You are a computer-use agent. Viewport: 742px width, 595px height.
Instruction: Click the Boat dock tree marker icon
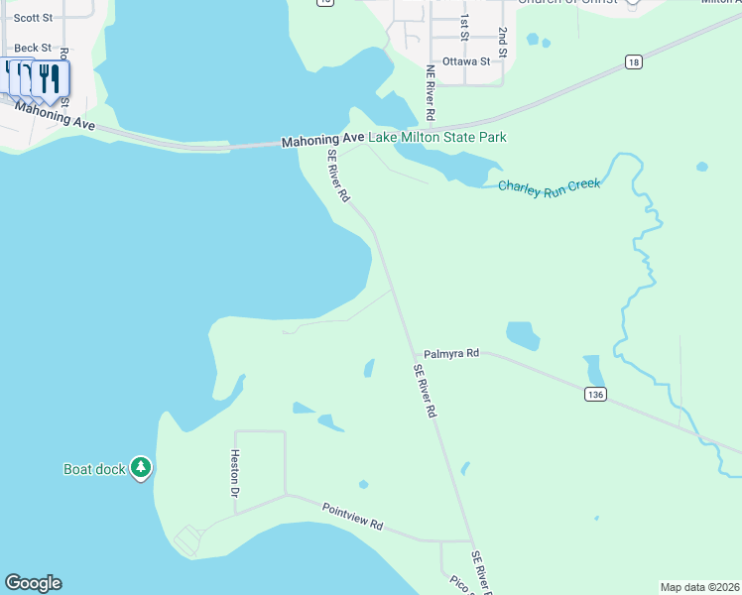click(141, 467)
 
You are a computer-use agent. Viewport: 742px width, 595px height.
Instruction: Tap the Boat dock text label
click(94, 469)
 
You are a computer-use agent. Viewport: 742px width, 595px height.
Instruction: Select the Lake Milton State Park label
click(437, 138)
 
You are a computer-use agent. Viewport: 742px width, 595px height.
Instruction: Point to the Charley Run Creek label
click(549, 187)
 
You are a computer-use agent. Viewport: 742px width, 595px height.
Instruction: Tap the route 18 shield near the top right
click(633, 61)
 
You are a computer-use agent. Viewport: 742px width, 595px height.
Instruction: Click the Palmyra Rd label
click(451, 353)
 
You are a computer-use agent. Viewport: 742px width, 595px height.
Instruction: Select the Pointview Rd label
click(352, 517)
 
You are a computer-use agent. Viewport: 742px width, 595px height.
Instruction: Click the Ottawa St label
click(466, 61)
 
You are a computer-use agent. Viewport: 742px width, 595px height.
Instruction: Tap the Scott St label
click(33, 17)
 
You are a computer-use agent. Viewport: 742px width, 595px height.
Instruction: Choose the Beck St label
click(33, 48)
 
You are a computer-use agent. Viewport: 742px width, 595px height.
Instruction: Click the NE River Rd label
click(431, 87)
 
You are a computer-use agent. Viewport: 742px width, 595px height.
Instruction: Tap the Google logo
click(33, 583)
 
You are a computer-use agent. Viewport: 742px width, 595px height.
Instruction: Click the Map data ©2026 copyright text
click(699, 586)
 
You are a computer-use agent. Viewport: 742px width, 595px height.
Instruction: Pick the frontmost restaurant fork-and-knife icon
click(51, 78)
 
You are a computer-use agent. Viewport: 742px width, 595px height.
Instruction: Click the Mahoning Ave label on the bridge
click(322, 141)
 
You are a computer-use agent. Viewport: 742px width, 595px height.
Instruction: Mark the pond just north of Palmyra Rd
click(523, 334)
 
